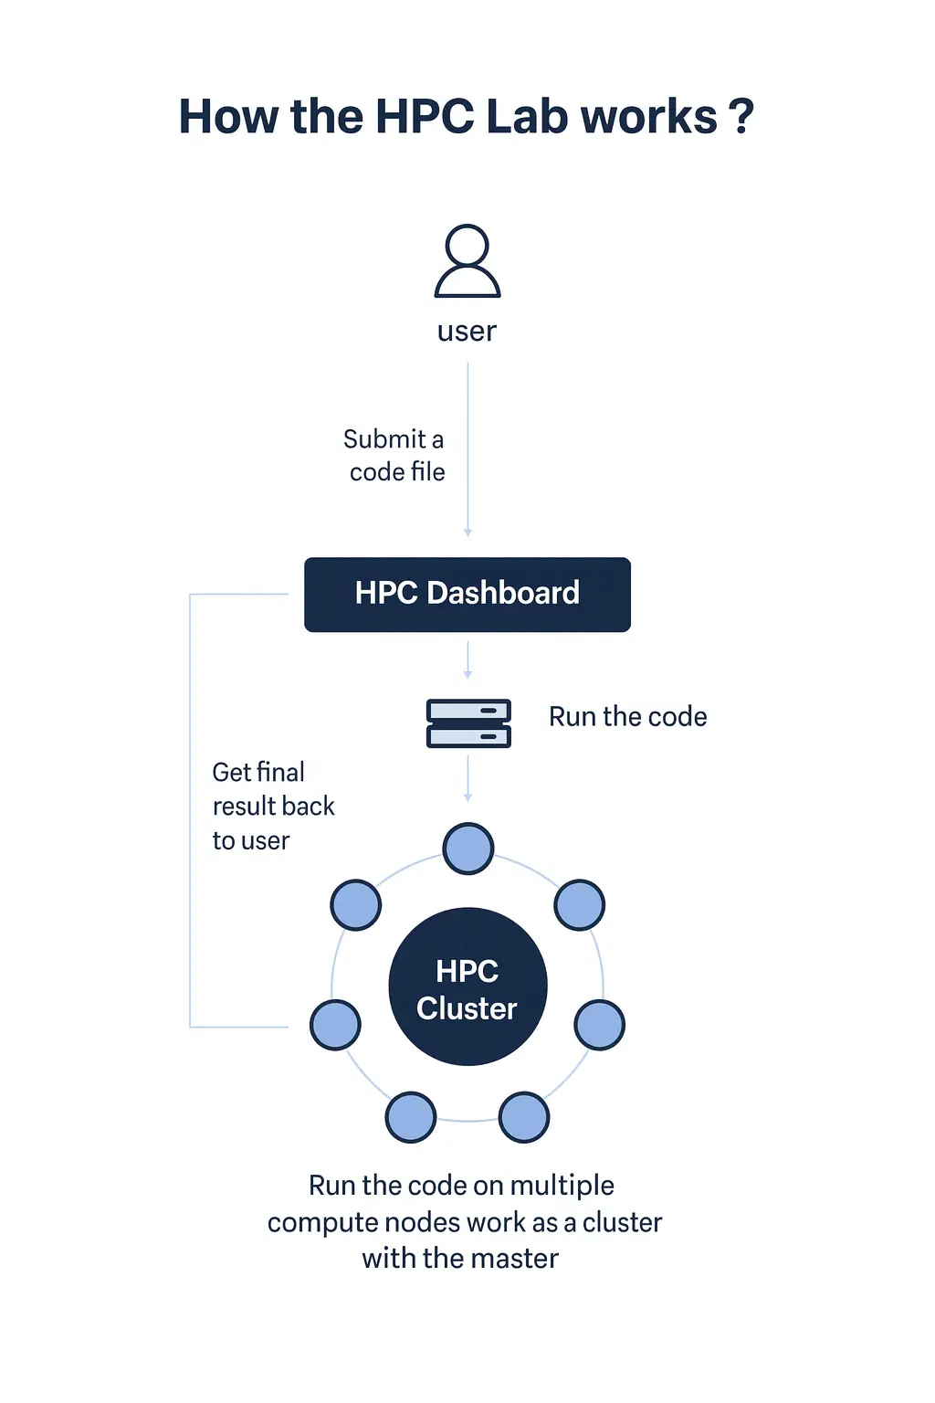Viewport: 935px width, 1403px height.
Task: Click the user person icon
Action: point(467,261)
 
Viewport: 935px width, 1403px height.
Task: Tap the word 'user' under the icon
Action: point(467,331)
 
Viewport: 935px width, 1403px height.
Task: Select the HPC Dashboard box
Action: point(467,594)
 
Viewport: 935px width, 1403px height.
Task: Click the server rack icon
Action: point(468,723)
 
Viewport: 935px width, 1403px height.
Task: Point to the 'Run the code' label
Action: point(627,717)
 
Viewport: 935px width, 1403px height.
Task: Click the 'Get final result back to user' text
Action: point(272,806)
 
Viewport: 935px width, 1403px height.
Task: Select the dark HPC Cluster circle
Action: point(467,986)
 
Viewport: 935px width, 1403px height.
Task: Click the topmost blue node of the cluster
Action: point(468,849)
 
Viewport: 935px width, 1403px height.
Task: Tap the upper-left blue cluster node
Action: point(355,905)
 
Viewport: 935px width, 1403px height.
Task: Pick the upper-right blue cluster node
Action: point(580,905)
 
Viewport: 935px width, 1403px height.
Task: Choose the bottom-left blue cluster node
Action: point(411,1117)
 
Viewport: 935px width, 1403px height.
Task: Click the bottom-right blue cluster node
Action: point(524,1117)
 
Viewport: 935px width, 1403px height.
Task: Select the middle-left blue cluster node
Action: point(335,1025)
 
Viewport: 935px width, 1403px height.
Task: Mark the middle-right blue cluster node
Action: point(600,1025)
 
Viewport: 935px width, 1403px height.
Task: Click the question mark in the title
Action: point(741,117)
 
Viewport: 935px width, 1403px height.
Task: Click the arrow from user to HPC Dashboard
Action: point(467,448)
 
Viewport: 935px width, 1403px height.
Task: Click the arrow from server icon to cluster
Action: point(467,778)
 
